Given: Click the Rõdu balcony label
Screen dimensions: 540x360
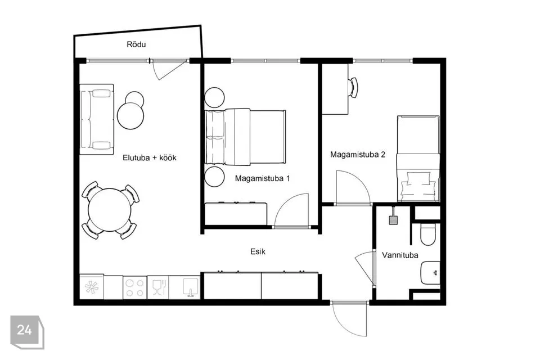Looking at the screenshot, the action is [x=136, y=44].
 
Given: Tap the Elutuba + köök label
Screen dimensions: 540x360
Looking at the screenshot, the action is [x=150, y=157].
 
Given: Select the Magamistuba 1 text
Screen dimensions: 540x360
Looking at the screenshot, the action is [x=262, y=178].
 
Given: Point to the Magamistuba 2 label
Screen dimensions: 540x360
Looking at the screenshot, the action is [x=358, y=154].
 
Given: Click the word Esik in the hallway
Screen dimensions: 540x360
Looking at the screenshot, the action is [x=258, y=252].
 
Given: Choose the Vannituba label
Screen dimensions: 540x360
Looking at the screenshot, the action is [x=400, y=255].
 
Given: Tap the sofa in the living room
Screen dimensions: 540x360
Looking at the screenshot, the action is [x=97, y=120].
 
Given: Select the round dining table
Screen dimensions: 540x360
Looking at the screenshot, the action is [x=110, y=210].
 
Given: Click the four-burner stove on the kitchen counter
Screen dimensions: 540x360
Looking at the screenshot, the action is [x=134, y=287].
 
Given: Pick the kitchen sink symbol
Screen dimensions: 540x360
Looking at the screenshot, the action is [x=191, y=287].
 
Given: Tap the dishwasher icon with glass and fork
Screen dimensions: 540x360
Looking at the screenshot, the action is [x=159, y=287].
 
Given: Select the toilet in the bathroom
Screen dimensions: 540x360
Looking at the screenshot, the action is [x=429, y=234].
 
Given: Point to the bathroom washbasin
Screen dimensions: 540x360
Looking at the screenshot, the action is [x=430, y=272].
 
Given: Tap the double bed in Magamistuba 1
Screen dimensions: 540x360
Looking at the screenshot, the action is [x=245, y=137].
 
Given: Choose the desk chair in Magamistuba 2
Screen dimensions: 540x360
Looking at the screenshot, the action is [x=353, y=88].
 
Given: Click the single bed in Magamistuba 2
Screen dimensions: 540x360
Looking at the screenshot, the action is [x=418, y=159].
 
